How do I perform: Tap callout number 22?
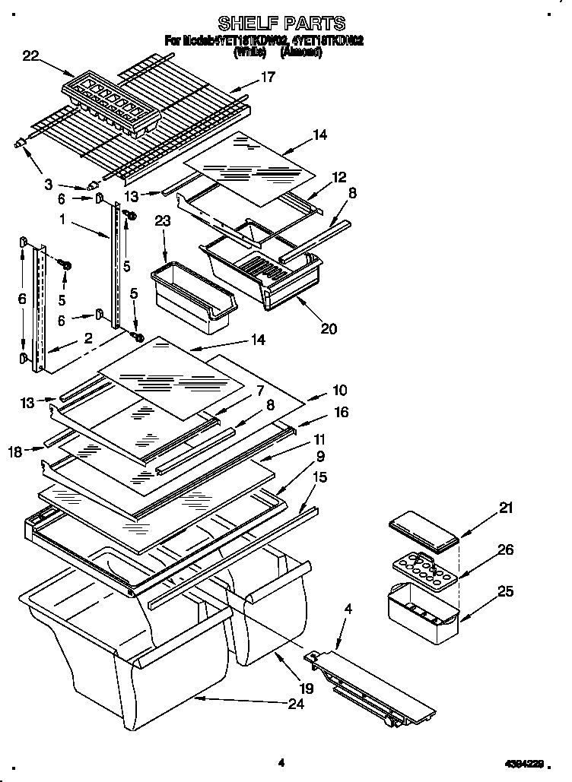point(30,55)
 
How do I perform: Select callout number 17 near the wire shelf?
point(268,77)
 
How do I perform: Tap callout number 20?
point(329,328)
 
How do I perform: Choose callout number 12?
point(338,178)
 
